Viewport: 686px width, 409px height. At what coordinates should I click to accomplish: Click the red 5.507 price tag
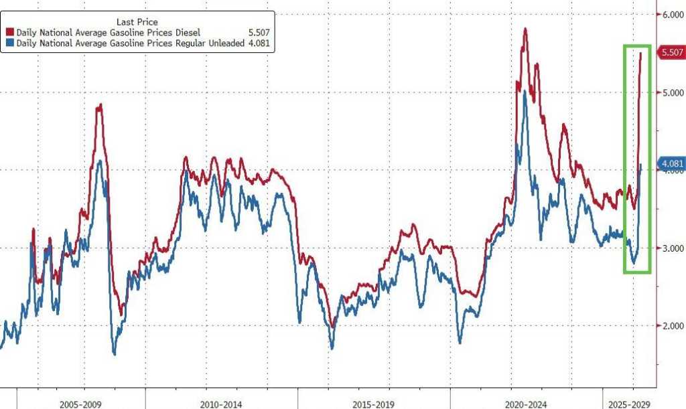coord(671,52)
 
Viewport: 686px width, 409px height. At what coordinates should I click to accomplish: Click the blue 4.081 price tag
coord(671,164)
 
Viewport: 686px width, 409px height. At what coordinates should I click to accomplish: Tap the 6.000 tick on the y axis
coord(670,15)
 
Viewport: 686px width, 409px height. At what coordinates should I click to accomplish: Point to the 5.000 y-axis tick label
coord(670,93)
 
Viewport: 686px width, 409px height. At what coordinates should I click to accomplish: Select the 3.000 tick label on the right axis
coord(670,248)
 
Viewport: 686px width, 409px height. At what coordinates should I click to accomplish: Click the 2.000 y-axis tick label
coord(670,326)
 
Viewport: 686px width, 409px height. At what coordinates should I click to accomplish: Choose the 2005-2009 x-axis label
coord(80,405)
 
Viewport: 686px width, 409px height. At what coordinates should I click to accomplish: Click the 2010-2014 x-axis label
coord(221,405)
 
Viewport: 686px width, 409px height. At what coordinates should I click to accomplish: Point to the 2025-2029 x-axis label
coord(628,405)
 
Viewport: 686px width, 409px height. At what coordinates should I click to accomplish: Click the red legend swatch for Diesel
coord(11,32)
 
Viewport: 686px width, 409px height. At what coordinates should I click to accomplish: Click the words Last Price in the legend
coord(137,21)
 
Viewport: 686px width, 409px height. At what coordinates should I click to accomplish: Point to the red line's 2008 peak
coord(99,105)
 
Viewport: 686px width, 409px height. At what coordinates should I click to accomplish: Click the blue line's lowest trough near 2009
coord(114,353)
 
